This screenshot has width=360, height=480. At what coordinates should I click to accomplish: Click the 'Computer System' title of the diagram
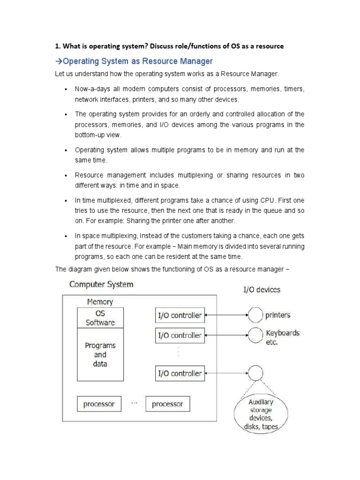point(101,284)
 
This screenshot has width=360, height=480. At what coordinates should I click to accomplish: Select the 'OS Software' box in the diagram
point(100,318)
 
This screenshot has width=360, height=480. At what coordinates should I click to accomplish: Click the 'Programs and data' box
point(100,354)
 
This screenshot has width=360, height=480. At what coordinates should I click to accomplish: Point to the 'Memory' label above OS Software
point(100,302)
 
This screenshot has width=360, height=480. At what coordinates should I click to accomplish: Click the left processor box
point(99,404)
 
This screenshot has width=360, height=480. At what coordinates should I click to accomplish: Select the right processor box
point(168,404)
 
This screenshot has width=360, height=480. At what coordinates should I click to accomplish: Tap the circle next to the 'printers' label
point(255,315)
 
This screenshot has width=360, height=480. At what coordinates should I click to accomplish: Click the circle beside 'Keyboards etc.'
point(255,336)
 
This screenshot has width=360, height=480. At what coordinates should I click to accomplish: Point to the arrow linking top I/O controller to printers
point(226,315)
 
